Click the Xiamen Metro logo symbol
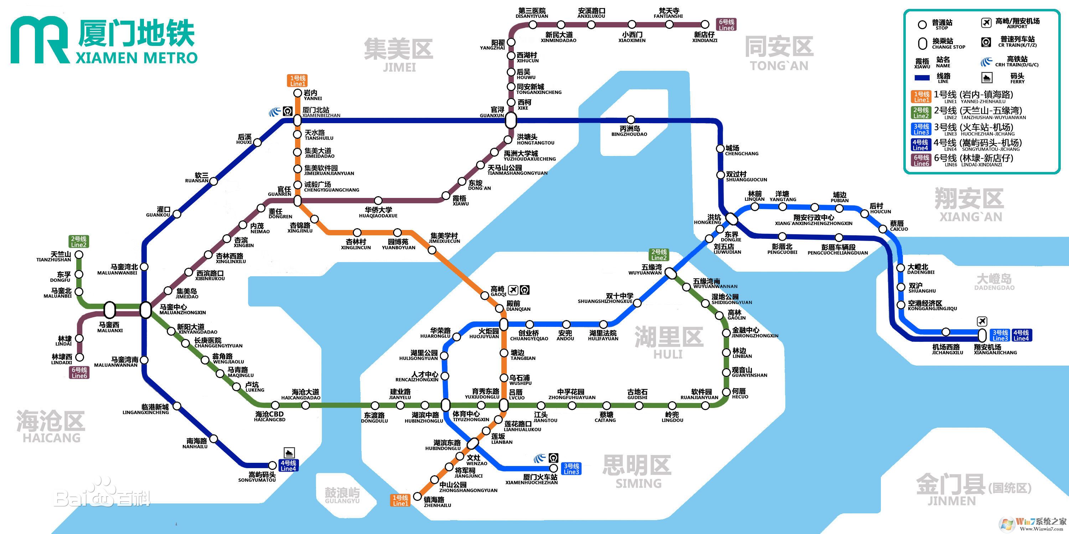[40, 40]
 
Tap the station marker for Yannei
[298, 93]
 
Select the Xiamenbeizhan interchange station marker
[297, 120]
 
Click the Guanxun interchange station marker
[511, 120]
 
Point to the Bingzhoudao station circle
[631, 120]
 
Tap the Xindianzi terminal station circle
[705, 25]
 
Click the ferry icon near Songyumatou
[289, 453]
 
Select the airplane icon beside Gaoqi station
[513, 289]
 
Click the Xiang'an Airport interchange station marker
[982, 335]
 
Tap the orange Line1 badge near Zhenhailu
[401, 501]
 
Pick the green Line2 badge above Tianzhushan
[78, 242]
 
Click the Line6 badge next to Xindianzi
[726, 25]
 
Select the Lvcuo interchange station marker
[504, 405]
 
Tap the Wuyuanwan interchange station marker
[671, 273]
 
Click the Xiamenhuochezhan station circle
[553, 468]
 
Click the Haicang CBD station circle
[275, 405]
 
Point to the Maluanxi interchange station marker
[109, 310]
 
